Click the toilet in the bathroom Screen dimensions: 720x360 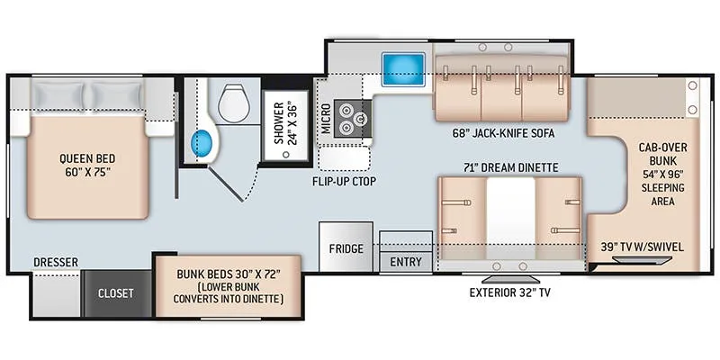point(234,103)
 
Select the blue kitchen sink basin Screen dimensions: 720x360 point(403,69)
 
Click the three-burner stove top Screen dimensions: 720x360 point(353,118)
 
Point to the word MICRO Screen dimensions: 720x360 point(326,118)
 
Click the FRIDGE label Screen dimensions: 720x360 point(346,249)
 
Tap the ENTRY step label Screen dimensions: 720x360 point(406,262)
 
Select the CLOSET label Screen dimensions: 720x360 point(116,293)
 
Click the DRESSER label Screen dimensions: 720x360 point(56,262)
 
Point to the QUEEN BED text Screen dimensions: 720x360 point(87,159)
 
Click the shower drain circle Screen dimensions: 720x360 point(286,155)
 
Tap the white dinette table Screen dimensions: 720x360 point(510,213)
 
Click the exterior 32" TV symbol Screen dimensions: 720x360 point(510,279)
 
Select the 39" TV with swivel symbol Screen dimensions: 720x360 point(643,260)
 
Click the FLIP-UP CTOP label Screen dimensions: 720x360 point(344,182)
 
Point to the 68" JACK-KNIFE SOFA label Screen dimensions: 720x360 point(503,133)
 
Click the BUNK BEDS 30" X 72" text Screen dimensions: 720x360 point(229,274)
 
